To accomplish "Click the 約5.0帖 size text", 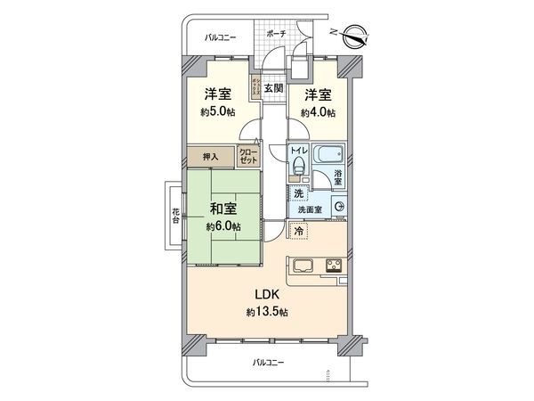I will click(x=216, y=112).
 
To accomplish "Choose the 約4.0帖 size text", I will click(x=318, y=112).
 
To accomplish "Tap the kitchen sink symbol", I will click(x=299, y=265).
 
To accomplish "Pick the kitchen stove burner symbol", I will click(x=336, y=265).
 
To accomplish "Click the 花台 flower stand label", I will click(x=175, y=216).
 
